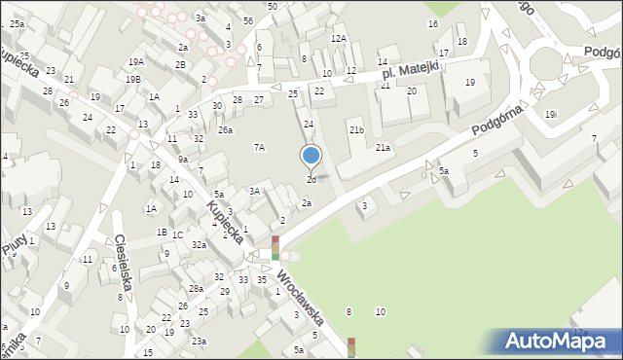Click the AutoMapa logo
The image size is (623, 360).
coord(555,341)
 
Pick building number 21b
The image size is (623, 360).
coord(356,129)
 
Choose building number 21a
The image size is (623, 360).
coord(384,148)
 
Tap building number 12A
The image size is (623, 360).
coord(338,39)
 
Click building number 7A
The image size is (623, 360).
coord(259,147)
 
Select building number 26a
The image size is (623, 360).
coord(225,129)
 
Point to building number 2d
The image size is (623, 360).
coord(311,180)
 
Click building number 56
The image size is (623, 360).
coord(249,20)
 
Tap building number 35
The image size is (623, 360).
coord(262,280)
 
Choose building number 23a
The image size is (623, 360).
coord(199,341)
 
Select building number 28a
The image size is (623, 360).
coord(196,289)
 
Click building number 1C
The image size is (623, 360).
coord(178,234)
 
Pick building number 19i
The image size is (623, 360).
coord(551,114)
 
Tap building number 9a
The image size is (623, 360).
coord(182,159)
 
